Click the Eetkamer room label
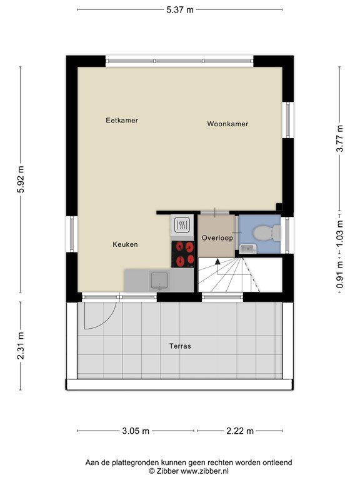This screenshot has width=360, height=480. click(x=122, y=120)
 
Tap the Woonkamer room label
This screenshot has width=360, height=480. click(x=227, y=124)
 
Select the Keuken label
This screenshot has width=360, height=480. click(x=125, y=244)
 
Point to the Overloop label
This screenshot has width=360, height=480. click(x=217, y=238)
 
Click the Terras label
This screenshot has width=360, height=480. click(x=180, y=346)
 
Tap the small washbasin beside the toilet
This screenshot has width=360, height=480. click(x=248, y=249)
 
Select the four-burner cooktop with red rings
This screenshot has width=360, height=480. click(x=182, y=254)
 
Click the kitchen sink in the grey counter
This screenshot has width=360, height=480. click(x=159, y=281)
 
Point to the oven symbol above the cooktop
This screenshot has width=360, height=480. click(x=182, y=226)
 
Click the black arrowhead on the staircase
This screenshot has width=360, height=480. click(x=217, y=261)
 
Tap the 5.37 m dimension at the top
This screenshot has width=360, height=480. click(x=180, y=10)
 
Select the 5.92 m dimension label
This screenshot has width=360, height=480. click(x=21, y=179)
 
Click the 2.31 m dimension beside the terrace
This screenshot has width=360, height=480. click(x=21, y=346)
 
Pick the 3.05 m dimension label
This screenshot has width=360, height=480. click(x=136, y=431)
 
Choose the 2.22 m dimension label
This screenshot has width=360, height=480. click(x=240, y=431)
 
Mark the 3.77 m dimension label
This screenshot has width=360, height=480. click(x=340, y=138)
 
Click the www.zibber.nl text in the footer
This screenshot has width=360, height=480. click(x=204, y=471)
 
